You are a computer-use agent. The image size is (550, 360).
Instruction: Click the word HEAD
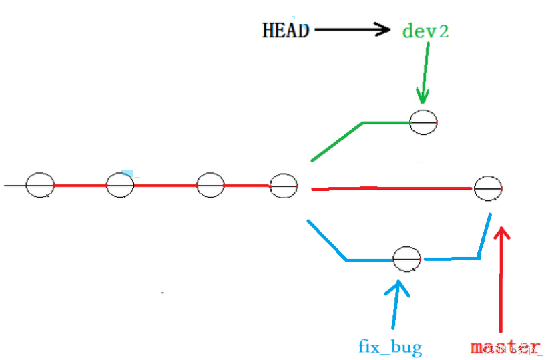[286, 30]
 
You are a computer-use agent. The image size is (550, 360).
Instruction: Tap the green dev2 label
[425, 30]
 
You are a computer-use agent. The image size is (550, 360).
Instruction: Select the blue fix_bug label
[390, 347]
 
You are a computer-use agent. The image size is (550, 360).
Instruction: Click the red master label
[505, 347]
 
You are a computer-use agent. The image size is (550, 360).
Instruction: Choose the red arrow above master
[501, 281]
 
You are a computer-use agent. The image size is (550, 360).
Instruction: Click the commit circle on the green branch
[423, 122]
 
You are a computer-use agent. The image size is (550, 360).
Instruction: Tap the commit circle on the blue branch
[406, 258]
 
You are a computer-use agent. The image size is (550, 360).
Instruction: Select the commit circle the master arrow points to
[488, 188]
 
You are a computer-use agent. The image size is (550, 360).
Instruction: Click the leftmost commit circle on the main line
[40, 184]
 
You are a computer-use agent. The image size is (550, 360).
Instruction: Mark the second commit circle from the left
[120, 184]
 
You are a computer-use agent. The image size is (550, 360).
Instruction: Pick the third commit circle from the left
[210, 184]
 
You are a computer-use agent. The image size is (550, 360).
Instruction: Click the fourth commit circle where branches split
[283, 185]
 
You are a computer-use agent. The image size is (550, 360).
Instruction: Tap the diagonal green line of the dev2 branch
[336, 142]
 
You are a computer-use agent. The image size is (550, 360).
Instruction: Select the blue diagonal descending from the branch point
[326, 240]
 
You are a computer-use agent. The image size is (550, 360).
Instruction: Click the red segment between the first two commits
[80, 185]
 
